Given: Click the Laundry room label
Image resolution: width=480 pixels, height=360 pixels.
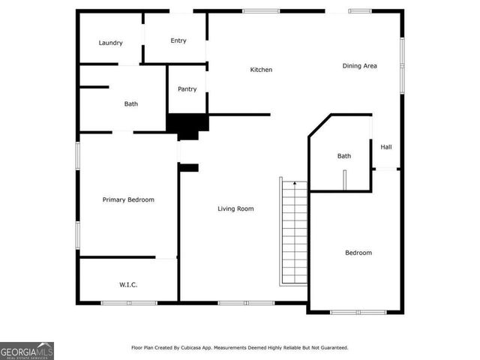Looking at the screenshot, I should coord(110,43).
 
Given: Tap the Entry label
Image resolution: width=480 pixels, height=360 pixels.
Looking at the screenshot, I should coord(178,40).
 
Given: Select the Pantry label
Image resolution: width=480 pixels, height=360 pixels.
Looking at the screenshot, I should coord(187,89).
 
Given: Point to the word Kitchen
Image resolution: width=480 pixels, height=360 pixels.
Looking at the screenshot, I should coord(261,70).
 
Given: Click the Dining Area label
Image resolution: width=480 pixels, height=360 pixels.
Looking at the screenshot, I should coord(360,66).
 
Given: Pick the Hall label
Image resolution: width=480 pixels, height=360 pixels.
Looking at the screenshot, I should coord(386,147).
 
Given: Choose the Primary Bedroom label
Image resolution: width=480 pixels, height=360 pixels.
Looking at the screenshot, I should coord(128,199).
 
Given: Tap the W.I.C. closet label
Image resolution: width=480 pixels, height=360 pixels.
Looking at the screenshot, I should coord(128,284).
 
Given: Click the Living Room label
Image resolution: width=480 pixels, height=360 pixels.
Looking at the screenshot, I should coord(235,208).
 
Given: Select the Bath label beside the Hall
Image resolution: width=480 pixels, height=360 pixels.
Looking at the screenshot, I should coord(343,156).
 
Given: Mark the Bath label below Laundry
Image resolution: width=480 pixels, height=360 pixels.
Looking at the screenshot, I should coord(131,104).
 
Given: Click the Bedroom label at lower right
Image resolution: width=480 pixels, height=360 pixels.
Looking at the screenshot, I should coord(358,253).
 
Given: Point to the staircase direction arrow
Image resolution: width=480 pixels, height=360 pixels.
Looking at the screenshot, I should coord(295,183).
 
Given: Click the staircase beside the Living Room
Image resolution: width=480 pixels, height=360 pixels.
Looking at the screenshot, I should coord(294,232).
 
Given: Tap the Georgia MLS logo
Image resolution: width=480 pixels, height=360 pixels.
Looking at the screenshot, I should coord(27,350).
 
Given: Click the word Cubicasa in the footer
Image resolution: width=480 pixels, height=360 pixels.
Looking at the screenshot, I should coord(203,348).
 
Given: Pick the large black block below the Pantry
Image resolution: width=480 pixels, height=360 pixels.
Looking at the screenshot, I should coord(187,124).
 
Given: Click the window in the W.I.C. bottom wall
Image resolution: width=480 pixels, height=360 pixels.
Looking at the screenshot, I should coord(129,303).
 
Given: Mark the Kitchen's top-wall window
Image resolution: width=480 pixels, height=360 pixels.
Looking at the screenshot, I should coord(261,11).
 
